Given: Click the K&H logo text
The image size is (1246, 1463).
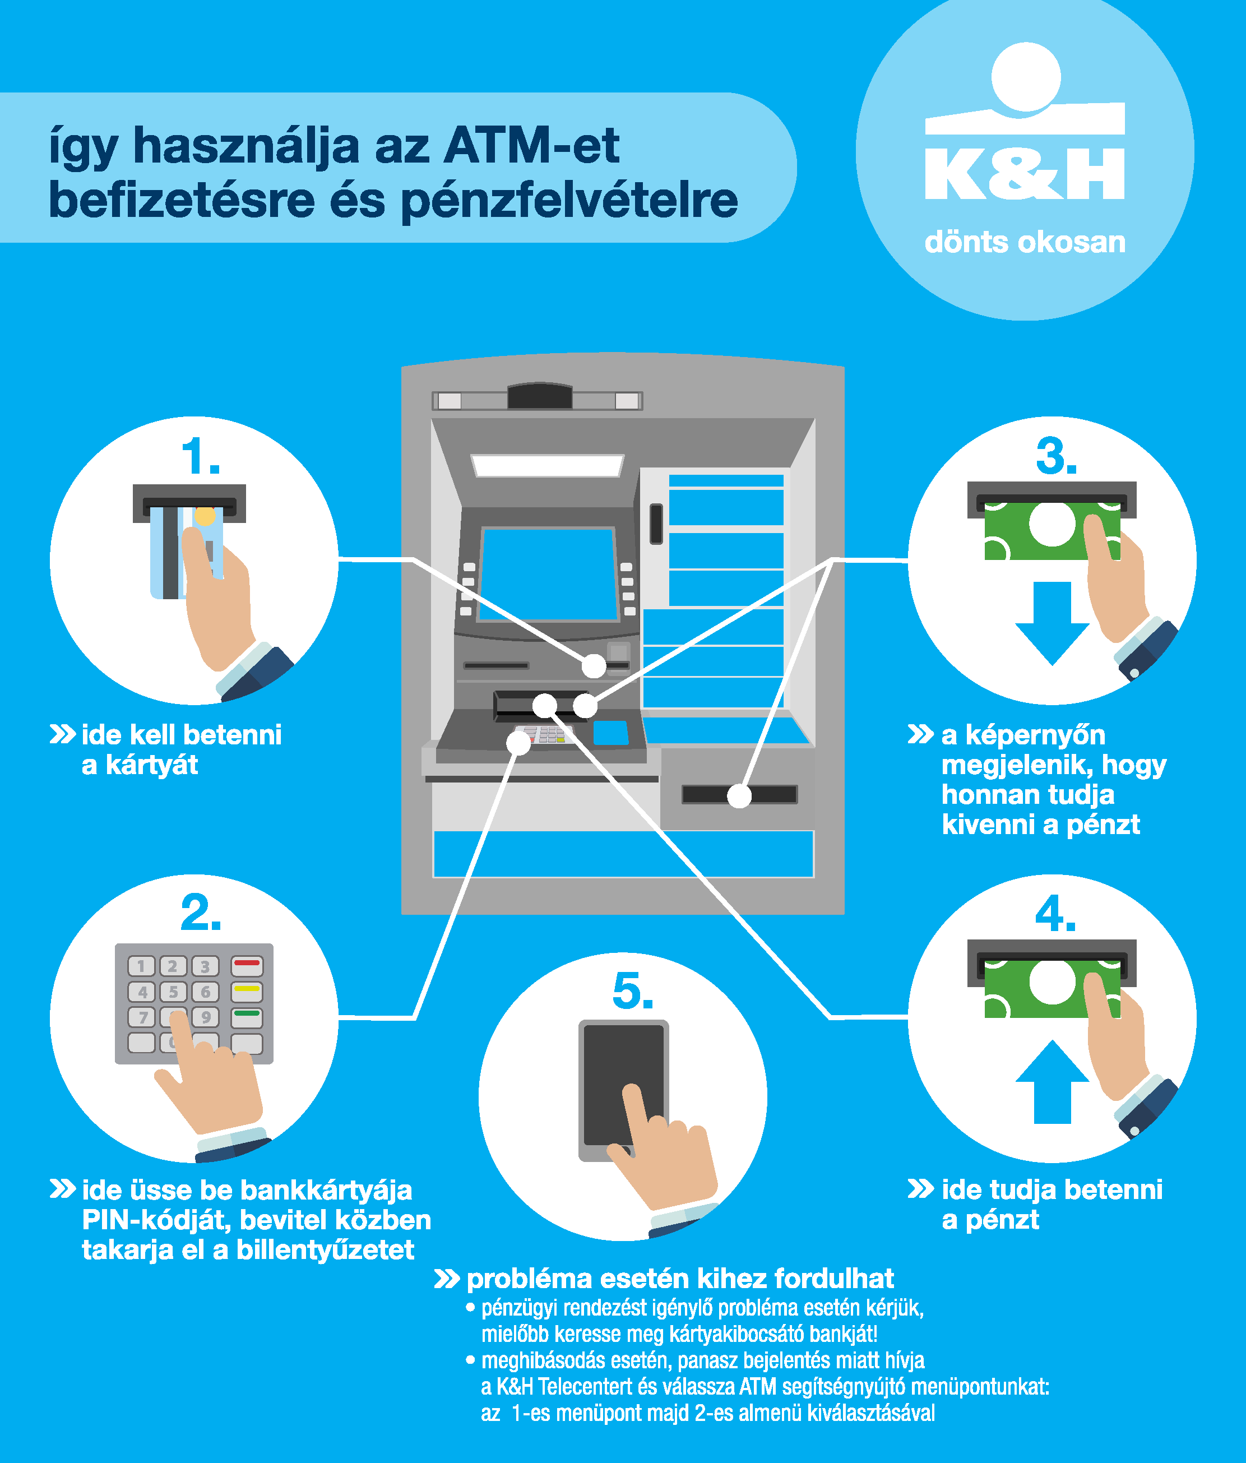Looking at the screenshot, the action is click(1025, 174).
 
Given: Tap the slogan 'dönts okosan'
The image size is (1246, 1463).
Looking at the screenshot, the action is click(1025, 242).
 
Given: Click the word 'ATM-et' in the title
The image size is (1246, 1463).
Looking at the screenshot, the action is click(531, 146).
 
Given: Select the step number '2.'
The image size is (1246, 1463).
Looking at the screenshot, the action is click(201, 913).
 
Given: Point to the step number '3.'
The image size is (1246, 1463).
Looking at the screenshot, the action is click(1056, 456).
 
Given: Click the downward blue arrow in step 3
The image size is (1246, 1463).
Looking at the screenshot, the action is click(1052, 623).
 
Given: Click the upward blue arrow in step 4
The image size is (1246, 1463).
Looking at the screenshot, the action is click(1052, 1081).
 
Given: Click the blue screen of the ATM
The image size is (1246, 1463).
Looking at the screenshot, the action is click(549, 575).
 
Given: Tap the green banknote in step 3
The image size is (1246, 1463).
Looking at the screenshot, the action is click(1052, 530).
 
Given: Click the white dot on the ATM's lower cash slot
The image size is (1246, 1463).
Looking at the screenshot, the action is click(739, 796).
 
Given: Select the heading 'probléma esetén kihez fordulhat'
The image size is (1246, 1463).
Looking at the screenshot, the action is click(680, 1279).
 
